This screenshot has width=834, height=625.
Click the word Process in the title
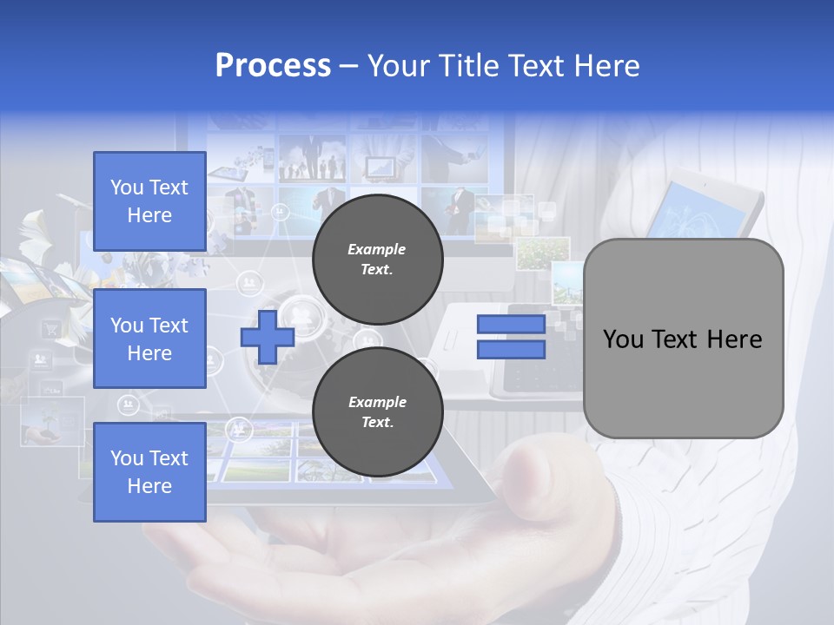point(273,65)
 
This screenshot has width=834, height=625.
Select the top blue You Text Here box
point(149,201)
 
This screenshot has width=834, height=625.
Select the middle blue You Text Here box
point(149,339)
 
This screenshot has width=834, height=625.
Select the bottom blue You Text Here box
point(149,471)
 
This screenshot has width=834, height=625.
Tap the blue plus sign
point(268,337)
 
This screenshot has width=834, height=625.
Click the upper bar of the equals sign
point(512,325)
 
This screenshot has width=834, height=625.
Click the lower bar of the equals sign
point(512,350)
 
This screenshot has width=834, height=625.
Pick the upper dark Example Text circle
point(377,260)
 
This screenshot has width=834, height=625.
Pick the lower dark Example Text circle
point(377,412)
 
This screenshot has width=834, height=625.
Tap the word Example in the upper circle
point(376,249)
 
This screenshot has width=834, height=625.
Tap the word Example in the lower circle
point(376,402)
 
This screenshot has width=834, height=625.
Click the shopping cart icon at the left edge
point(51,329)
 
